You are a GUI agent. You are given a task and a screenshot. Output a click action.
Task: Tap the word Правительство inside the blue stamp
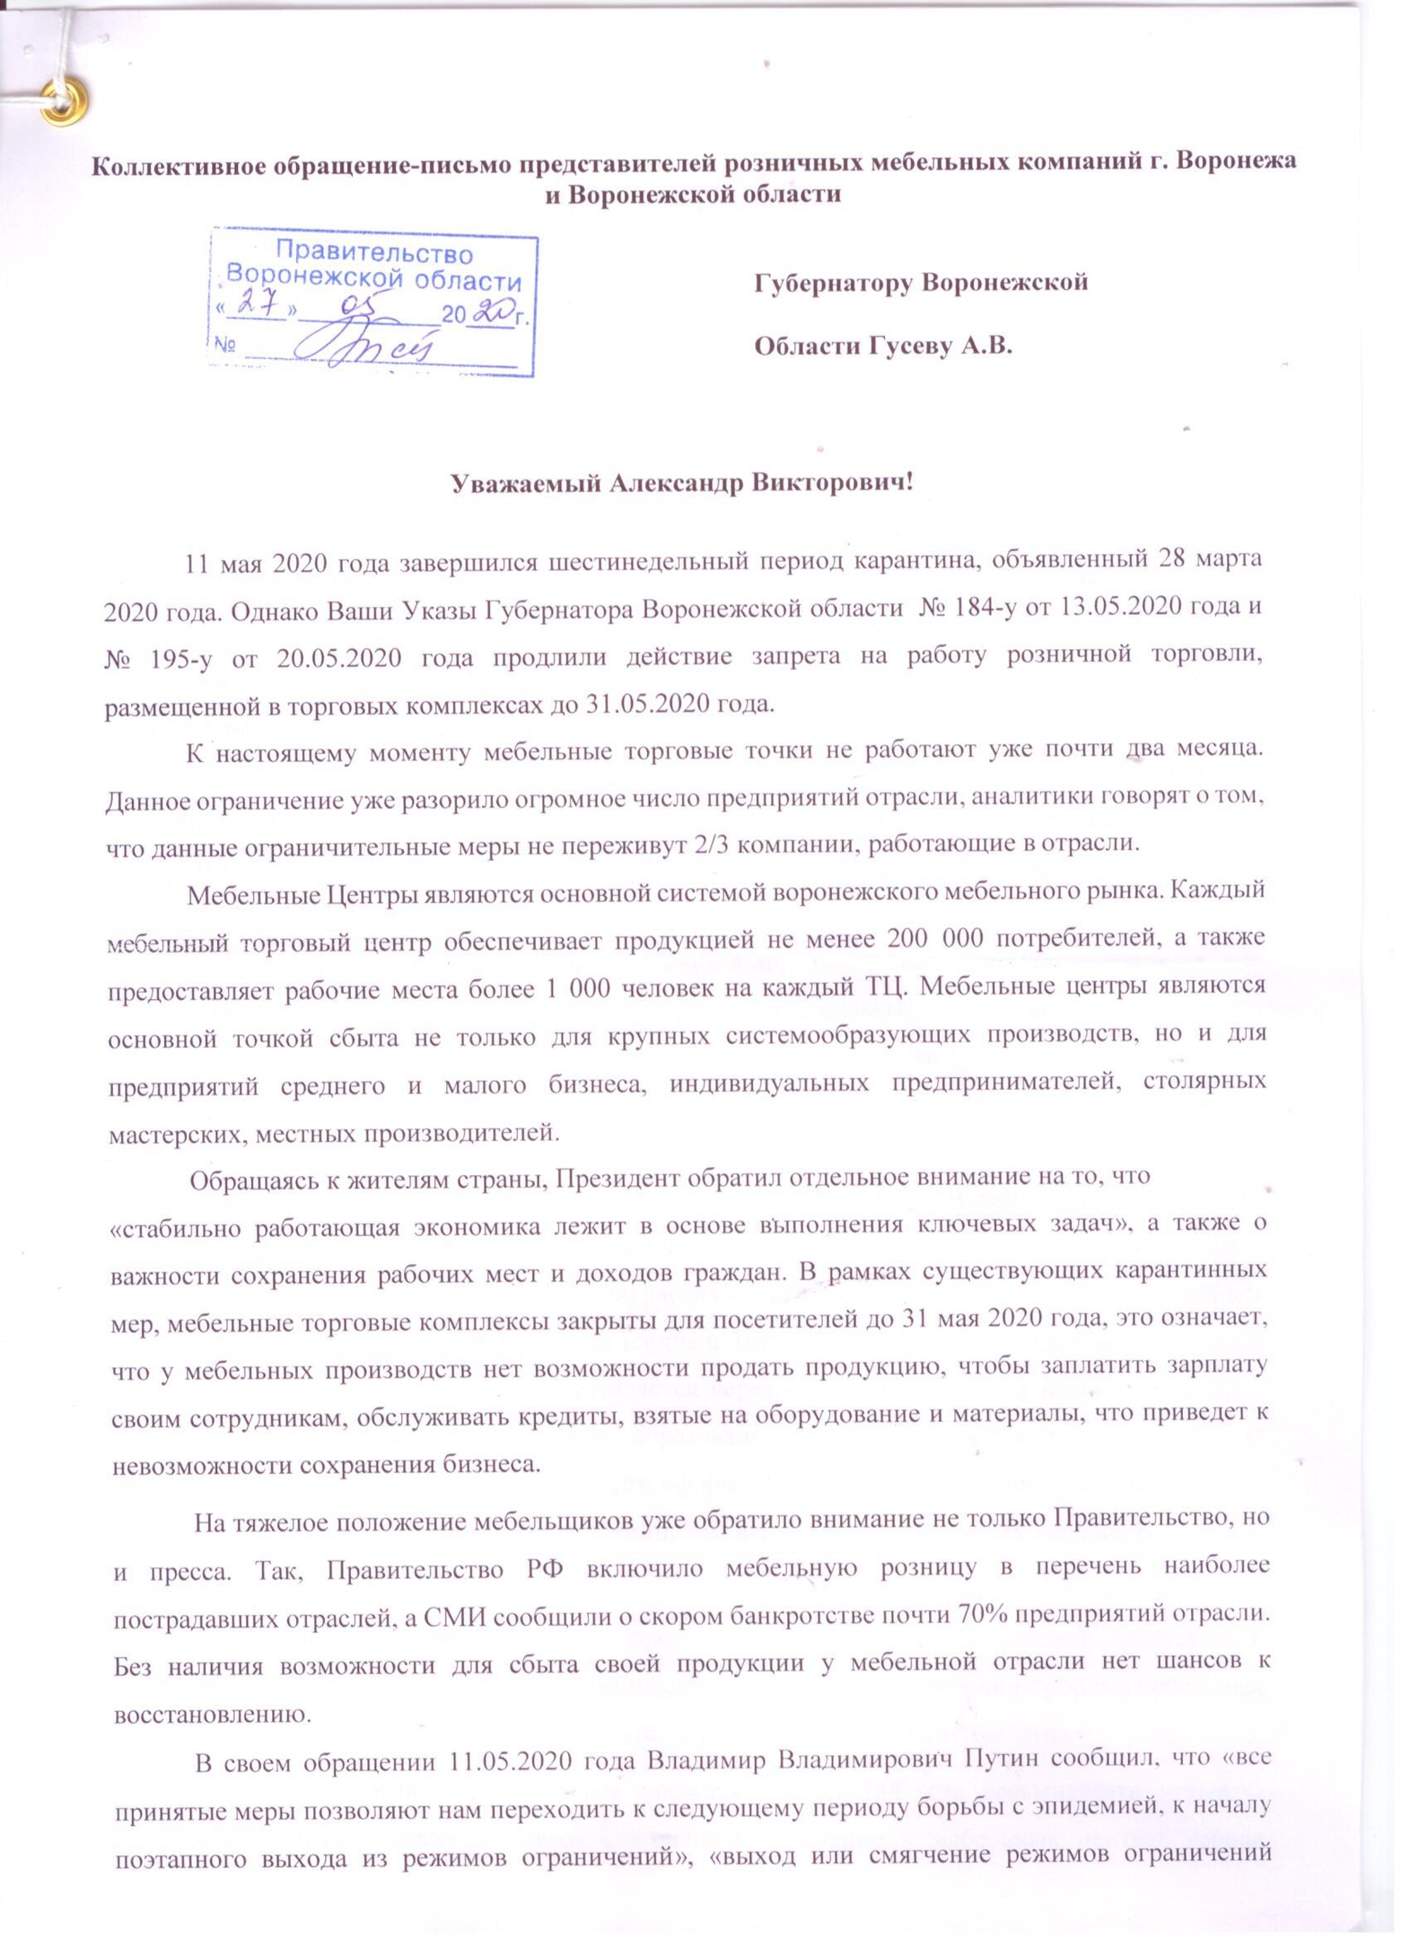(x=372, y=252)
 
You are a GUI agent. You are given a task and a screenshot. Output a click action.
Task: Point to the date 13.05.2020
(x=1122, y=607)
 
